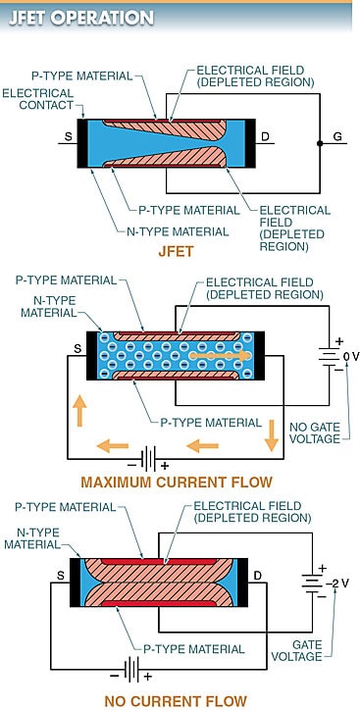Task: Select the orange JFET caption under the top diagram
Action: click(180, 251)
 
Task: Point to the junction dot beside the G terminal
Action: click(319, 142)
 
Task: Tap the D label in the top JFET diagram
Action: click(266, 137)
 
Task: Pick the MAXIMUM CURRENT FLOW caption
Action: click(177, 482)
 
